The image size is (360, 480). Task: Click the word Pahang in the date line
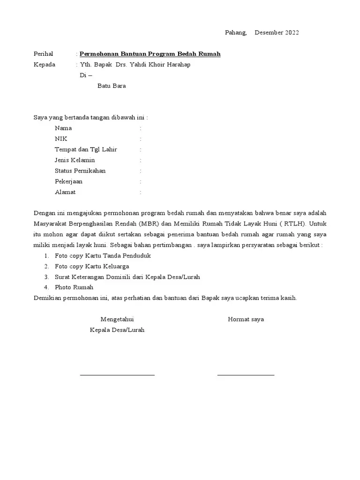coord(235,32)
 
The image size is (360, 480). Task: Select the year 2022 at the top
coord(291,32)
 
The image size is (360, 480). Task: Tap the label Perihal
coord(44,54)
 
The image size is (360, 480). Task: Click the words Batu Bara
coord(112,86)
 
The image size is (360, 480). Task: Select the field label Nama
coord(63,128)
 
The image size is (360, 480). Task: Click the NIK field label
coord(61,139)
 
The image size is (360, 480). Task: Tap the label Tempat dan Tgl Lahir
coord(86,150)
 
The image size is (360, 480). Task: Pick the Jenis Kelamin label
coord(75,160)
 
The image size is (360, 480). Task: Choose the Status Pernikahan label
coord(80,171)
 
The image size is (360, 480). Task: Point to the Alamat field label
coord(65,192)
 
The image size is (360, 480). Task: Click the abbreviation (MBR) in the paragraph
coord(148,224)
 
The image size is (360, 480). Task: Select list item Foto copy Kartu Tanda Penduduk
coord(103,256)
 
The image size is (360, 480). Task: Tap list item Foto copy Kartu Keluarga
coord(92,266)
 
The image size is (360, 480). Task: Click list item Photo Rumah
coord(74,287)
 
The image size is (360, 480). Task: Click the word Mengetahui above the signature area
coord(117,319)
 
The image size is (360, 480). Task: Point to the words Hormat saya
coord(246,319)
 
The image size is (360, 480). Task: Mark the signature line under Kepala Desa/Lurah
coord(117,375)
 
